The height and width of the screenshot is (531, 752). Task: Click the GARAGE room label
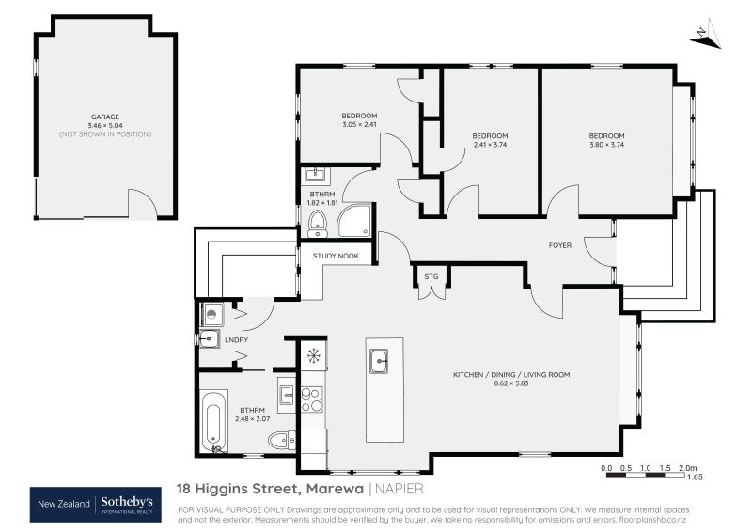[x=103, y=117]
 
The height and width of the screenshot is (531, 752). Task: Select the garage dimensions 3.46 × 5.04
[x=103, y=125]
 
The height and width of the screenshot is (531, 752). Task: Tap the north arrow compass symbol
[x=704, y=35]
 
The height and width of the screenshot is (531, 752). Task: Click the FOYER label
[x=560, y=245]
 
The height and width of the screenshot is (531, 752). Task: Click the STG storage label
[x=431, y=276]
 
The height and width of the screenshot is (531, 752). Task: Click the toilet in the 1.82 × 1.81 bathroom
[x=317, y=222]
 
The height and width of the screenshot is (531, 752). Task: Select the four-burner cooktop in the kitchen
[x=312, y=399]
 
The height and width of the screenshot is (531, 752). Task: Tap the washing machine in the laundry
[x=211, y=315]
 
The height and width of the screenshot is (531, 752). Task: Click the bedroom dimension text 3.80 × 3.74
[x=606, y=145]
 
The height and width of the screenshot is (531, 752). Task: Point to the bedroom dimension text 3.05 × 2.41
[x=358, y=124]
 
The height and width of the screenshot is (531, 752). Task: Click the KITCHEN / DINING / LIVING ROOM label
[x=511, y=374]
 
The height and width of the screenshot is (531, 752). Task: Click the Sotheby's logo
[x=126, y=504]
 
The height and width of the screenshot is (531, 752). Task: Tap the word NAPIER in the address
[x=399, y=489]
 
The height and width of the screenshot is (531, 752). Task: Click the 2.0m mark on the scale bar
[x=688, y=467]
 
